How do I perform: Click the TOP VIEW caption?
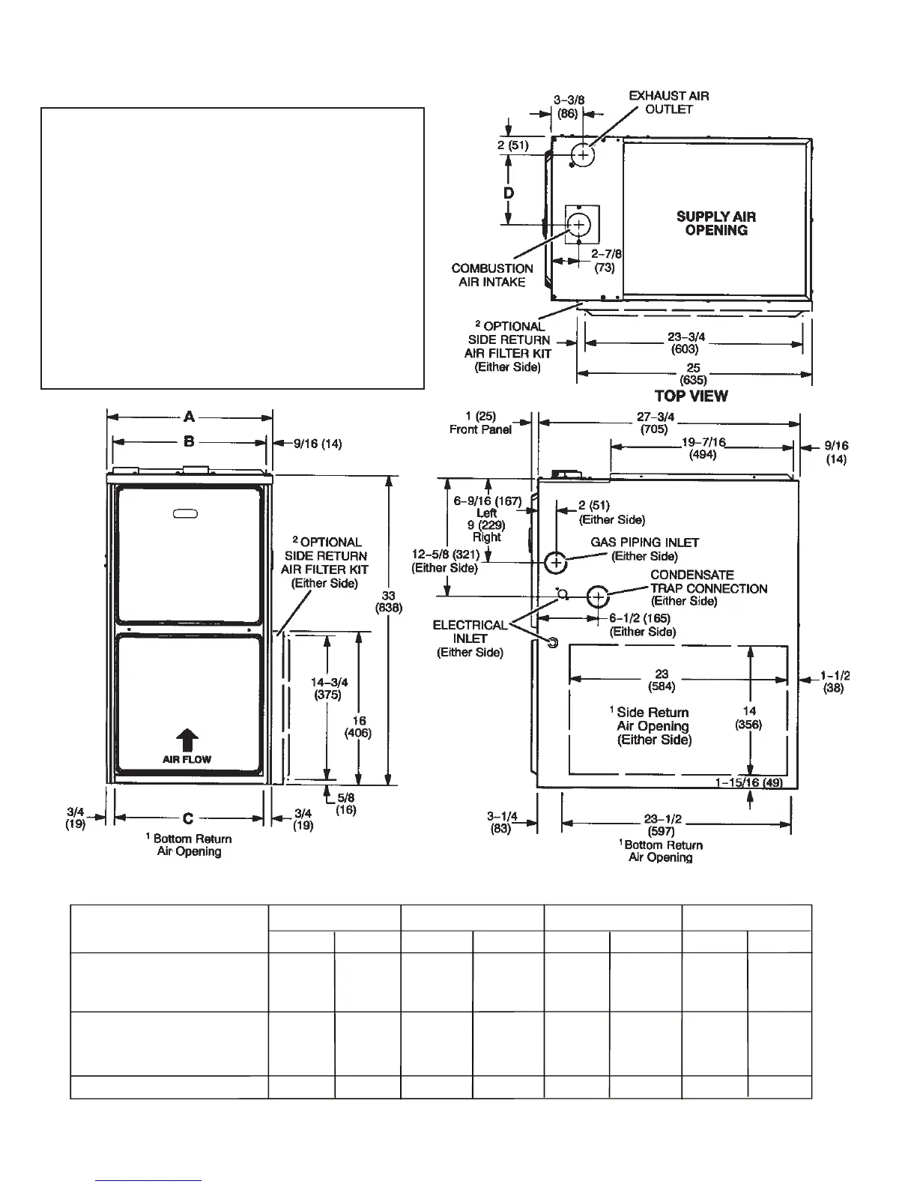[x=691, y=396]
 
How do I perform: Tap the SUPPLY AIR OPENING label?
[x=715, y=223]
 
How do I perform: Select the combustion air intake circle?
[x=579, y=224]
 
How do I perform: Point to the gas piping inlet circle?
[x=555, y=561]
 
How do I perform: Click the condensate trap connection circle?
[x=597, y=596]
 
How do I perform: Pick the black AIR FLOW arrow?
[x=187, y=740]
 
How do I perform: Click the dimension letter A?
[x=190, y=417]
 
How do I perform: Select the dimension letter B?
[x=189, y=441]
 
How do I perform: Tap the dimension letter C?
[x=188, y=818]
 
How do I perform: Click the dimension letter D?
[x=509, y=193]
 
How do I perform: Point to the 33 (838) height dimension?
[x=388, y=601]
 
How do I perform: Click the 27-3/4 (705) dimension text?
[x=655, y=423]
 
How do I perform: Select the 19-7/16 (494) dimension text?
[x=702, y=448]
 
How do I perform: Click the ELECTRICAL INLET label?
[x=470, y=638]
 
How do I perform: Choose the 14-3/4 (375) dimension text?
[x=329, y=688]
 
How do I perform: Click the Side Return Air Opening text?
[x=653, y=725]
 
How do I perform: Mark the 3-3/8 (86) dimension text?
[x=569, y=107]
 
